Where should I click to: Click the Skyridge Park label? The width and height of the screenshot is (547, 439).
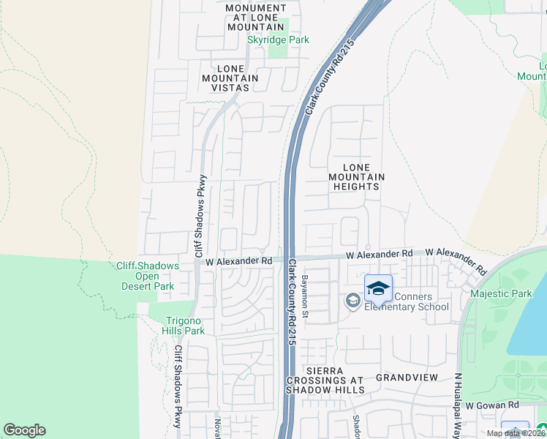(278, 40)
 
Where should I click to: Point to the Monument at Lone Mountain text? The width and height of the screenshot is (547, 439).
(254, 17)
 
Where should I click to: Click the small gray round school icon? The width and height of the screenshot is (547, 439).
(352, 300)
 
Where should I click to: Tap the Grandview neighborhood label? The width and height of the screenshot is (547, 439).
(407, 378)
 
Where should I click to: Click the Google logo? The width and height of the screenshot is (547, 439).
(24, 430)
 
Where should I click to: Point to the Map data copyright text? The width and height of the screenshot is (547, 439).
(516, 433)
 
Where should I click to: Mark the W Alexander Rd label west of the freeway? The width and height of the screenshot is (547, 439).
(239, 260)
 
